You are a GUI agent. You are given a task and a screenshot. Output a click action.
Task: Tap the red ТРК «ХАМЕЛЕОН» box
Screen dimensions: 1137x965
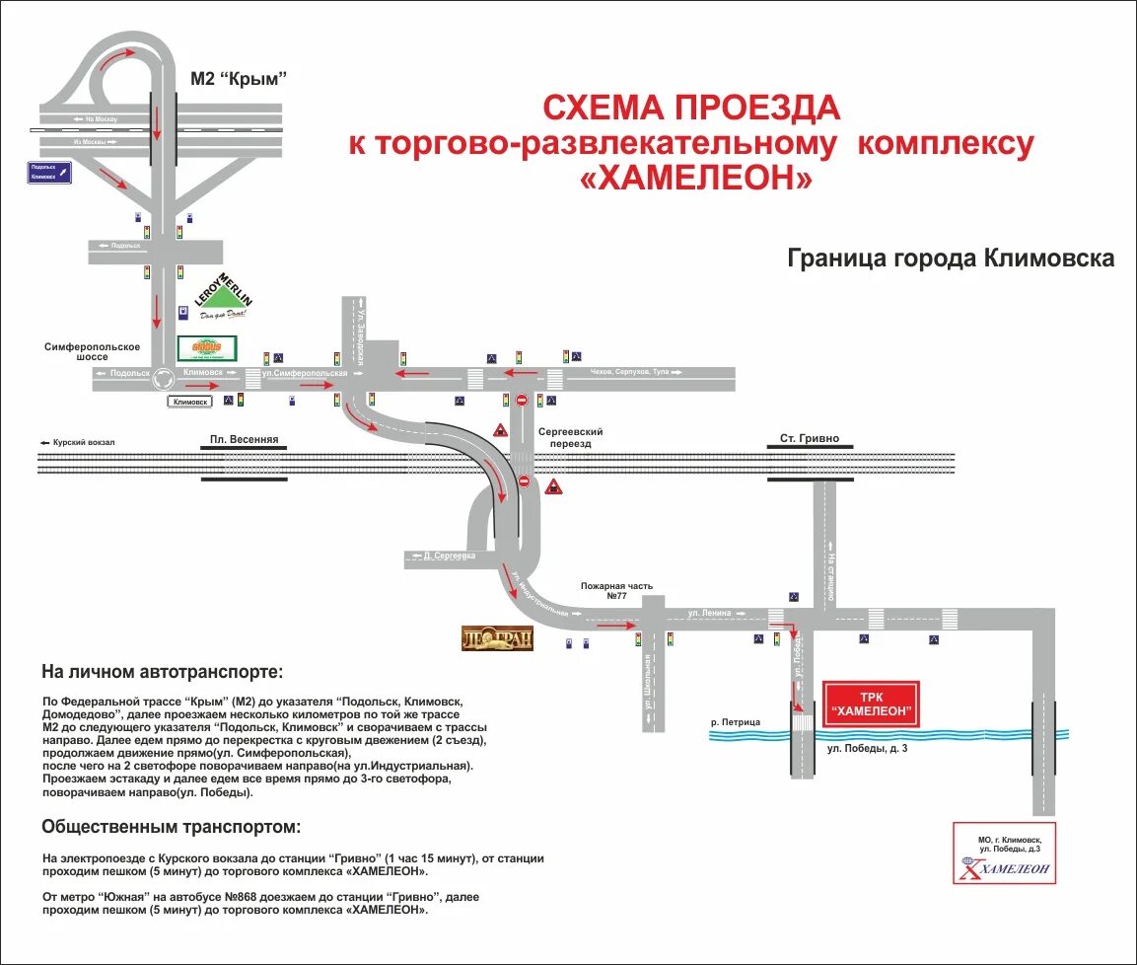click(871, 703)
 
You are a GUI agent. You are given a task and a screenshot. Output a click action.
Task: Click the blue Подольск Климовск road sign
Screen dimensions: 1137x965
click(50, 172)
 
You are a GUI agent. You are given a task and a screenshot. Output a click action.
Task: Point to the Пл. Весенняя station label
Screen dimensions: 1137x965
click(245, 439)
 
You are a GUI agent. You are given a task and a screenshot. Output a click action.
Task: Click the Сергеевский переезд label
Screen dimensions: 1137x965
click(570, 438)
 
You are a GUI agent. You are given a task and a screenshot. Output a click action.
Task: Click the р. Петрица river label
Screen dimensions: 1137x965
click(736, 722)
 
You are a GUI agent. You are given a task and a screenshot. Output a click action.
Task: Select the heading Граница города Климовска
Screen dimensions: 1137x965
click(951, 259)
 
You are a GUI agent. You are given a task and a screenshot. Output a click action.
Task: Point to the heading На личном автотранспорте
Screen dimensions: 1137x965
click(162, 672)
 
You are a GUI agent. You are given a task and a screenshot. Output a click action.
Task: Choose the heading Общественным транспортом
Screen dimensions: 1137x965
click(172, 826)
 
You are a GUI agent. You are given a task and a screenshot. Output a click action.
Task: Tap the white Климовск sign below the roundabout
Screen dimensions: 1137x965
click(190, 402)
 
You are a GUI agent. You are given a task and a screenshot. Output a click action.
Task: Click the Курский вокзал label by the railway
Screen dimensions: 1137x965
click(78, 442)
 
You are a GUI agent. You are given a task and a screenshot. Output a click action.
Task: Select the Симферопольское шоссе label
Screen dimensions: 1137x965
click(93, 351)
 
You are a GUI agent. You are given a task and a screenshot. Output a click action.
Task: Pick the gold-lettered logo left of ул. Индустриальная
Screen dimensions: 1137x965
click(497, 638)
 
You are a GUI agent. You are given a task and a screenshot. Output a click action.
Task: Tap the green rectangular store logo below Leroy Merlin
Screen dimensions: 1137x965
click(207, 348)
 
